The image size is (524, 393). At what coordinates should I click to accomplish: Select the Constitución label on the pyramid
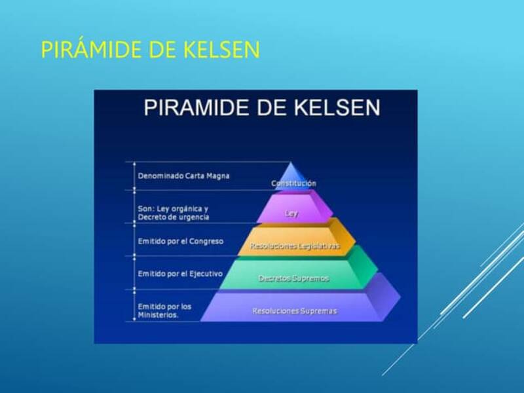click(x=293, y=183)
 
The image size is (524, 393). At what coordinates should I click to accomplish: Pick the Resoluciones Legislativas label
click(x=295, y=247)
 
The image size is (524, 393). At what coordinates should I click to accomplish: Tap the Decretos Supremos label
click(x=293, y=278)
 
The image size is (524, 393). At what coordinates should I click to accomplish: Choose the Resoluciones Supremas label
click(x=294, y=310)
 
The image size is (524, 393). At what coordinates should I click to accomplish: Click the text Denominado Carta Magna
click(x=183, y=176)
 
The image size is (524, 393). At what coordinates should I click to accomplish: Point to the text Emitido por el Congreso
click(x=180, y=241)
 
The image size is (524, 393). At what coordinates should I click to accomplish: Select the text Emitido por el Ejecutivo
click(x=180, y=273)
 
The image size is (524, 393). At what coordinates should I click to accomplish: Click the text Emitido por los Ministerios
click(x=164, y=310)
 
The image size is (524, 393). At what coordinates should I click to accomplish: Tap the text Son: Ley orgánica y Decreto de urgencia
click(x=174, y=213)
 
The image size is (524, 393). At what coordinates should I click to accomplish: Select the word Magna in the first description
click(x=217, y=176)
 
